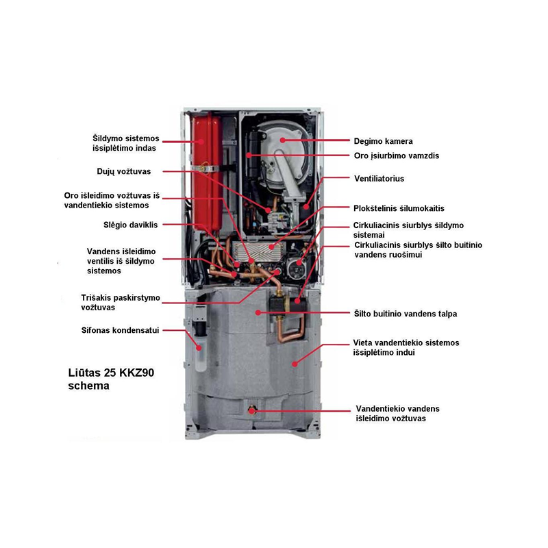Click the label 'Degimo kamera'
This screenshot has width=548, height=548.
[383, 141]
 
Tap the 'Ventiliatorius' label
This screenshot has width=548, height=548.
[379, 179]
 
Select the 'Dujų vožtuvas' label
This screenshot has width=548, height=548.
[124, 172]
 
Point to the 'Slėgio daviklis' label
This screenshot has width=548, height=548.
[130, 225]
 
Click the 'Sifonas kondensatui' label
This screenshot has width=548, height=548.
[121, 330]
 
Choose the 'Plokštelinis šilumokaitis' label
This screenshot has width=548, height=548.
[399, 208]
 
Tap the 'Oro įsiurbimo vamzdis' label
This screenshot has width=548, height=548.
[397, 156]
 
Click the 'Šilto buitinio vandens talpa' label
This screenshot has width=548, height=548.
[406, 314]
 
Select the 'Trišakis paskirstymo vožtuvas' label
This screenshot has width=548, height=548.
[121, 303]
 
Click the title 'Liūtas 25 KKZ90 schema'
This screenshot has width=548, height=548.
[111, 379]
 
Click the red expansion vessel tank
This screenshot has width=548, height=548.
[207, 173]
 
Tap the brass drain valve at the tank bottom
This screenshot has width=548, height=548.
[251, 409]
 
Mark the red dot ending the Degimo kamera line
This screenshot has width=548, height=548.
[282, 140]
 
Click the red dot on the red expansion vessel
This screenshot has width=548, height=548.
[201, 142]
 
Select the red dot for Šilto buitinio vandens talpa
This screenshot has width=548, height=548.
[258, 312]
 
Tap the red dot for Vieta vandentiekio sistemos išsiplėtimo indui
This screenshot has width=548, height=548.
[295, 364]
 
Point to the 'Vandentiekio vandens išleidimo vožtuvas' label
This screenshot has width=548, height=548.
[397, 414]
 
